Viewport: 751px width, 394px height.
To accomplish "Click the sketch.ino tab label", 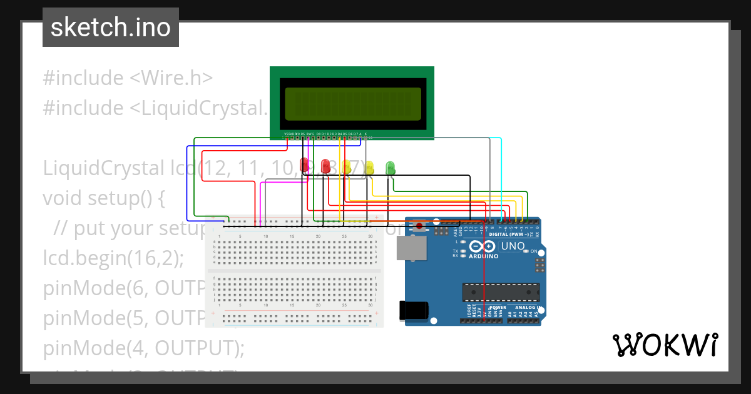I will tap(110, 28).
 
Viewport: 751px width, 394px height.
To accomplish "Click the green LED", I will tap(391, 167).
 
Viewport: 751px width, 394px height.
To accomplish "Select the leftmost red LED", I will tap(305, 165).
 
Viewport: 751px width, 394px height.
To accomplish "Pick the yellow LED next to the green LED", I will tap(369, 167).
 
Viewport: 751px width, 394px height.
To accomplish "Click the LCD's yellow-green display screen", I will tap(352, 104).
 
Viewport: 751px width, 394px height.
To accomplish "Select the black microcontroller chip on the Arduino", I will tap(501, 291).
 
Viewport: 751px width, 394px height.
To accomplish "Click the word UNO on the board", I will tap(513, 246).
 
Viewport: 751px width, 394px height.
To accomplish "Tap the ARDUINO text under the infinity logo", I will tap(483, 256).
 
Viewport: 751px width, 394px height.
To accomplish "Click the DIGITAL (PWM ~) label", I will tap(510, 235).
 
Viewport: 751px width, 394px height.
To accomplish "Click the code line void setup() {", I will tap(103, 198).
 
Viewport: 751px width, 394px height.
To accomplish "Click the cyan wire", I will tap(501, 175).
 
